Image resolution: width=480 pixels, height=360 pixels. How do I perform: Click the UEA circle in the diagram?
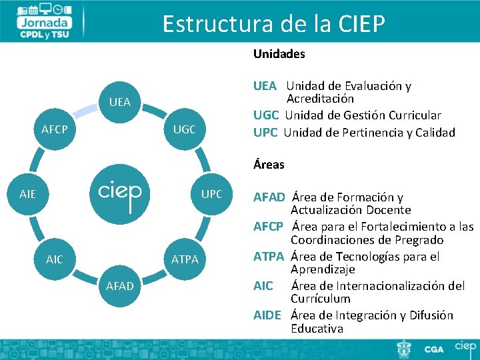119,102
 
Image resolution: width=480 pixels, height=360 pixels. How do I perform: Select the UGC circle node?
184,129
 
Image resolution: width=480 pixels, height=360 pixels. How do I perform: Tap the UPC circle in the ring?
211,194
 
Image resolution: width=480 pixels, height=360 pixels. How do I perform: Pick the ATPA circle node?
185,259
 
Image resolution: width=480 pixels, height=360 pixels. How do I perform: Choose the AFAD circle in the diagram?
120,286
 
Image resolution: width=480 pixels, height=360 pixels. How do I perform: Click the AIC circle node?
55,259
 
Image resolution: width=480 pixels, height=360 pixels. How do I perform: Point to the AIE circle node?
28,194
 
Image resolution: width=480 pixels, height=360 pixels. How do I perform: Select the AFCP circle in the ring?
55,129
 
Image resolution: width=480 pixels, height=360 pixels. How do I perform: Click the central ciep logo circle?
120,193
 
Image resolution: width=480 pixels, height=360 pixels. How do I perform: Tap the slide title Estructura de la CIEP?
273,24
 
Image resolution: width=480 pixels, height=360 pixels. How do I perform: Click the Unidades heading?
279,53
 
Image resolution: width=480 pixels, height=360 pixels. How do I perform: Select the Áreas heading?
269,164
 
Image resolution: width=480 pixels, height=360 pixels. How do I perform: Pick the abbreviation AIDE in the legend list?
267,315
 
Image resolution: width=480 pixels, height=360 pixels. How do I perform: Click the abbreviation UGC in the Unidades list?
266,115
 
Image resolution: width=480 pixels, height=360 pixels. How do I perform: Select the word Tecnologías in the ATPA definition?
378,256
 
